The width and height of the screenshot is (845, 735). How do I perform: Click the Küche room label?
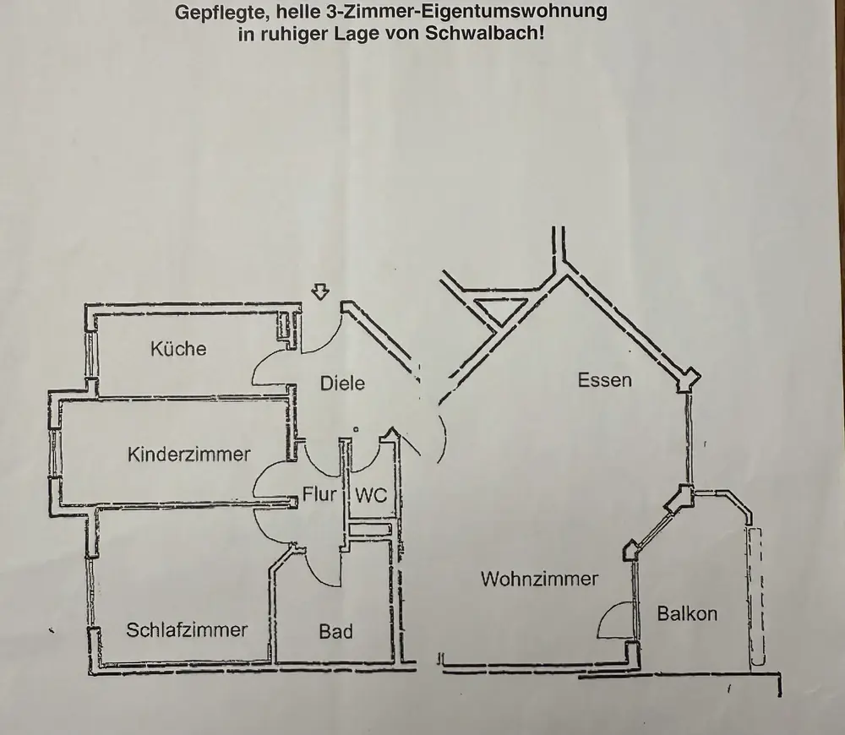tap(178, 348)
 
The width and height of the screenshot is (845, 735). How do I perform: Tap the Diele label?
tap(342, 383)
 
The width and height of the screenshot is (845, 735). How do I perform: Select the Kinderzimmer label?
tap(188, 455)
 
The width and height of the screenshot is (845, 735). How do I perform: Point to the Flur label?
tap(320, 494)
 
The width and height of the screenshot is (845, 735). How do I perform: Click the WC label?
tap(370, 495)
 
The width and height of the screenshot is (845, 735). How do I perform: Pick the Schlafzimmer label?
tap(187, 629)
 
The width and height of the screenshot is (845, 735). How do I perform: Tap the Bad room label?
tap(335, 631)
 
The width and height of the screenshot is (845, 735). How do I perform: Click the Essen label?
tap(604, 380)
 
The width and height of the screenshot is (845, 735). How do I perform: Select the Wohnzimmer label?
tap(539, 579)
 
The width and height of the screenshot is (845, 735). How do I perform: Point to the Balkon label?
tap(687, 614)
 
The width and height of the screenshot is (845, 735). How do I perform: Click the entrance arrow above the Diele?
tap(319, 292)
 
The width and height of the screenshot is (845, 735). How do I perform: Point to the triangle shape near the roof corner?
tap(489, 308)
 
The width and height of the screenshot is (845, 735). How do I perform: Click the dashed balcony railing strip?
tap(755, 596)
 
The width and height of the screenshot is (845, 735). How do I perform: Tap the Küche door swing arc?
tap(269, 366)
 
